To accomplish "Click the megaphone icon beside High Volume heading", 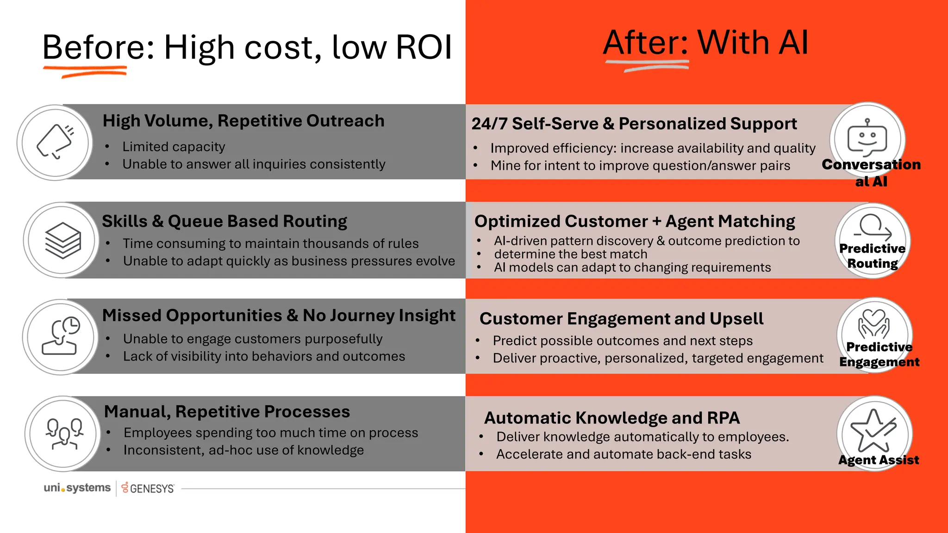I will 55,142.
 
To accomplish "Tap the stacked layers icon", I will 63,240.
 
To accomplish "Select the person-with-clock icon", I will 61,336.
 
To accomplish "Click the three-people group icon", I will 64,434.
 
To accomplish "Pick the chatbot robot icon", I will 867,138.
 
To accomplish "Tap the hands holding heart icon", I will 873,324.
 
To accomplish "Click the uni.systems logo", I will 77,488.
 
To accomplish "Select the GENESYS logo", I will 148,489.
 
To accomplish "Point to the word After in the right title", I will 645,43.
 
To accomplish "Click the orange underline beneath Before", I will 85,71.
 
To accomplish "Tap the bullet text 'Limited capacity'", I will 174,147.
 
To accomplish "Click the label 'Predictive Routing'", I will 872,256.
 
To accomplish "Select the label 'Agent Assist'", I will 878,460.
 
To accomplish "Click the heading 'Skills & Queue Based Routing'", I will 225,221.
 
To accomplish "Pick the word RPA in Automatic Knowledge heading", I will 723,418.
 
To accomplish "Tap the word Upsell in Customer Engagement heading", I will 736,319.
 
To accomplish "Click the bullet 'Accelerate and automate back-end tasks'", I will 624,454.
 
